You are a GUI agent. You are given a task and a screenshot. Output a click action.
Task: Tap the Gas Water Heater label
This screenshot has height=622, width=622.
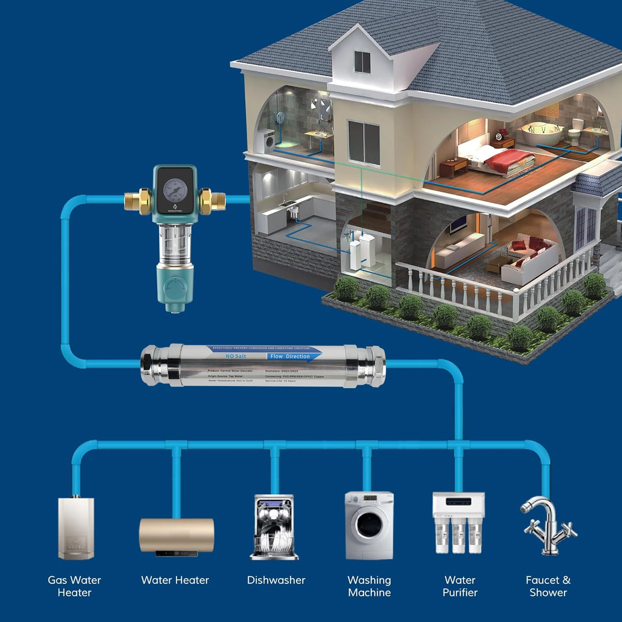pos(74,586)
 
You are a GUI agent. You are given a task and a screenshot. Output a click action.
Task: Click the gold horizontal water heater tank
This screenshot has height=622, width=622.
pos(177,535)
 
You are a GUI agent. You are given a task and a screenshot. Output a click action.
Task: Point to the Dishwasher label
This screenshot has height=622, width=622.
pos(276,580)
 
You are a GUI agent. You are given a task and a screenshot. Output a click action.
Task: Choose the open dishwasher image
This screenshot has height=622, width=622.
pos(274,527)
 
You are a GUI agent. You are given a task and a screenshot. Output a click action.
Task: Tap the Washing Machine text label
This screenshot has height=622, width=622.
pos(369,586)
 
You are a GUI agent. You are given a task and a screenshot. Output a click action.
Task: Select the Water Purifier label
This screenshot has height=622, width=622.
pos(460,586)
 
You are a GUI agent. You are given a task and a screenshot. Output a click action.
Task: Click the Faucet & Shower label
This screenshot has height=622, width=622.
pos(548,586)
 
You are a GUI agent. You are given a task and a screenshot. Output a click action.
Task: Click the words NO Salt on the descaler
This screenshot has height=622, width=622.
pos(236,356)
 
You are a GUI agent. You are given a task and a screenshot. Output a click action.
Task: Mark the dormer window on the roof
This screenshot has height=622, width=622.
pos(362,61)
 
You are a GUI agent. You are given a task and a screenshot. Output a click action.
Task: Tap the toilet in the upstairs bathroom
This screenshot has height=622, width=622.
pos(575,132)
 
